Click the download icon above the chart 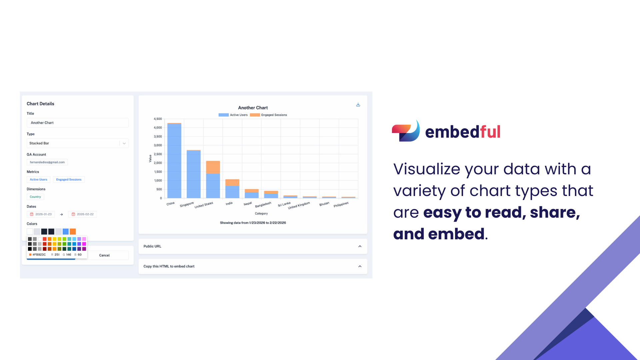[x=358, y=105]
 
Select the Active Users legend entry [x=233, y=115]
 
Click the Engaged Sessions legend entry [x=268, y=115]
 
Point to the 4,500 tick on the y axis [x=158, y=119]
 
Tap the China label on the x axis [x=170, y=204]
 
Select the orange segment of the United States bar [x=213, y=167]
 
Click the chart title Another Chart [x=253, y=108]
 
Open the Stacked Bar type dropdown [x=77, y=143]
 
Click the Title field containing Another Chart [x=77, y=123]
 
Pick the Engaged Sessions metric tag [x=69, y=180]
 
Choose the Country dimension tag [x=35, y=197]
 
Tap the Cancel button [x=104, y=255]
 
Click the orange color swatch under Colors [x=73, y=232]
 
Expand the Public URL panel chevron [x=360, y=246]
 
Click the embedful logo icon [x=406, y=131]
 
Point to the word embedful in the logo [x=463, y=132]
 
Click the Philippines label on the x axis [x=341, y=204]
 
